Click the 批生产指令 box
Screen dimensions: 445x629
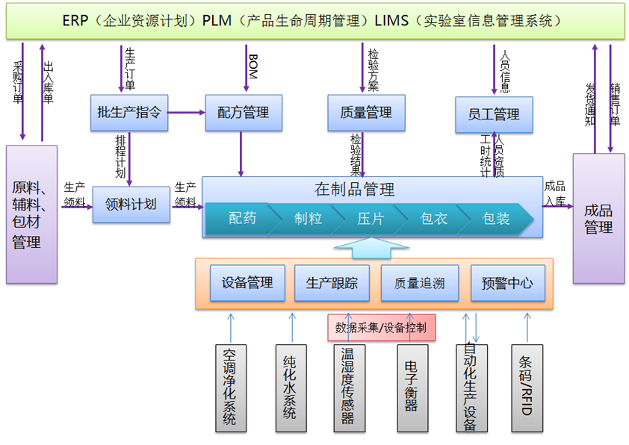pyautogui.click(x=128, y=113)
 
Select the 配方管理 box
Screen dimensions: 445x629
pyautogui.click(x=244, y=113)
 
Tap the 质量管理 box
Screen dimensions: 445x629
pyautogui.click(x=365, y=113)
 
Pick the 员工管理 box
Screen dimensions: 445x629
pyautogui.click(x=494, y=114)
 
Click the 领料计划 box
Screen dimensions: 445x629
pyautogui.click(x=131, y=204)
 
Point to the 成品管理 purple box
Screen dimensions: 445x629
pyautogui.click(x=598, y=218)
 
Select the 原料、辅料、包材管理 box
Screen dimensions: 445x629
pyautogui.click(x=31, y=214)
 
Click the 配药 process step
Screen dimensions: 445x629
pyautogui.click(x=241, y=219)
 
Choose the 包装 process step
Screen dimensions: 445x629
pyautogui.click(x=495, y=219)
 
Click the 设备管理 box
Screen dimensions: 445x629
pyautogui.click(x=247, y=283)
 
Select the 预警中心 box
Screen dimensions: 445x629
pyautogui.click(x=507, y=283)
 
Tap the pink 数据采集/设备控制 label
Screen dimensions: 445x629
pyautogui.click(x=381, y=327)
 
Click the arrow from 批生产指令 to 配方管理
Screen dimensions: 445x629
pyautogui.click(x=187, y=113)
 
